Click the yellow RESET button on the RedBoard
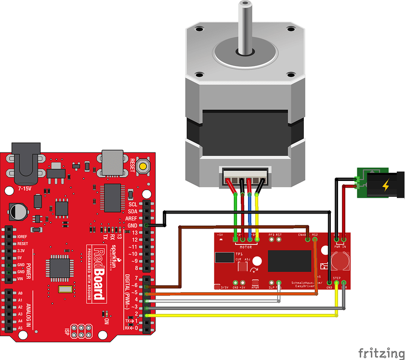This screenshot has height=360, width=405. click(x=143, y=167)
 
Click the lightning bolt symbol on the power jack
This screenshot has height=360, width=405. click(x=385, y=185)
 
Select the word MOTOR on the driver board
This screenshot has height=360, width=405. click(x=246, y=246)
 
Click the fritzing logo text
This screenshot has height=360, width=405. click(x=380, y=353)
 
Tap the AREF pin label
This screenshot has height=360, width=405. click(x=132, y=218)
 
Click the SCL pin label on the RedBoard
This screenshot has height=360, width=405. click(x=133, y=204)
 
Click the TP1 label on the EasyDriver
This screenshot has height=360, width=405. click(x=239, y=253)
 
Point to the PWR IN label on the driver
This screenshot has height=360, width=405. click(x=340, y=246)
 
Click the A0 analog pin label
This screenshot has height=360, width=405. click(x=20, y=293)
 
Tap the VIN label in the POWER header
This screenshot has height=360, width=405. click(x=20, y=279)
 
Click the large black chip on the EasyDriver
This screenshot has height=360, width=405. click(x=286, y=261)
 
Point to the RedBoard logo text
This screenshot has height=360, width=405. click(x=99, y=273)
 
